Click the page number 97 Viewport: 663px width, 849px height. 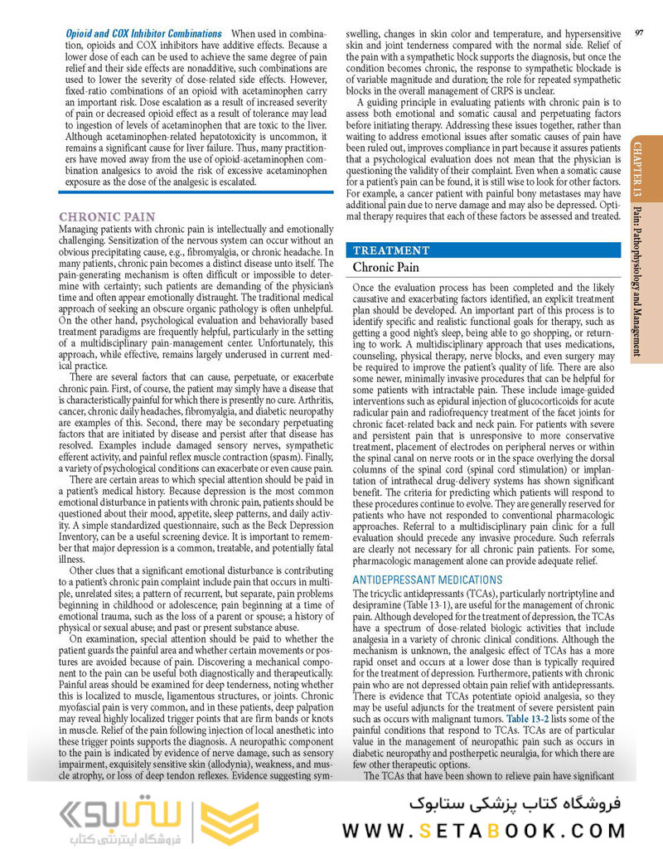click(639, 32)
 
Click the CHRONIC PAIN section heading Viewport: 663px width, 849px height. click(107, 217)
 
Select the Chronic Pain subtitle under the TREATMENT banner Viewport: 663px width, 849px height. click(386, 268)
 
